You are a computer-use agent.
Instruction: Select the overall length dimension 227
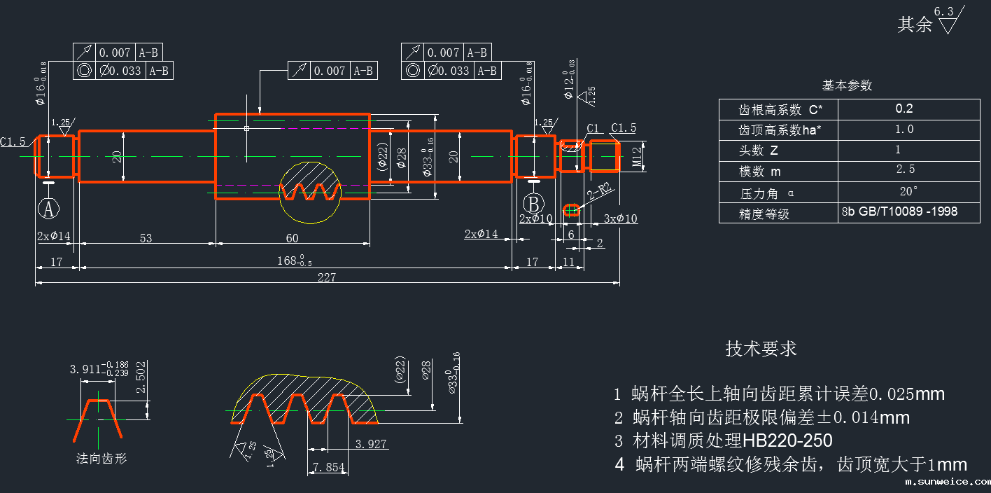[x=326, y=277]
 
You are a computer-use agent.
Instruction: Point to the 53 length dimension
[x=146, y=238]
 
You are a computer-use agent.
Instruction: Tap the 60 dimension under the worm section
[x=292, y=238]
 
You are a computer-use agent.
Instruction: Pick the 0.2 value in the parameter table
[x=904, y=109]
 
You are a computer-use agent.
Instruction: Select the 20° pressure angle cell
[x=908, y=191]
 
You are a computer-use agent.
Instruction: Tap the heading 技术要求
[x=761, y=349]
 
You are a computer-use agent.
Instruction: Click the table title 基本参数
[x=847, y=85]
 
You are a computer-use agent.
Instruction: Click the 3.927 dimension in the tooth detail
[x=371, y=444]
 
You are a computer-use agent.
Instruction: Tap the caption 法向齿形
[x=101, y=459]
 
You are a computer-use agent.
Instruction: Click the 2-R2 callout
[x=600, y=192]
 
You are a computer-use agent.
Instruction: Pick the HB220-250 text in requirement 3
[x=787, y=441]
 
